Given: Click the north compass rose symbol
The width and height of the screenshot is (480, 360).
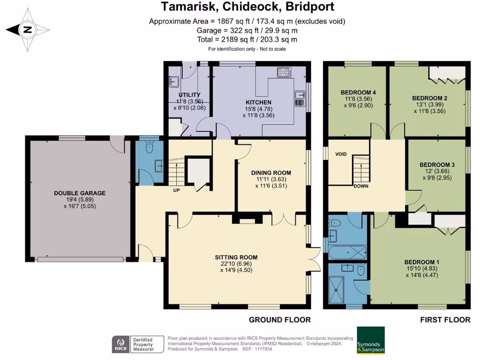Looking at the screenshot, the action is click(28, 30).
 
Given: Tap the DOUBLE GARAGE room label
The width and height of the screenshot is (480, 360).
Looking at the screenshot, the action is click(80, 193).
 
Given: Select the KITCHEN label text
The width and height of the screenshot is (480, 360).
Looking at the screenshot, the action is click(259, 102).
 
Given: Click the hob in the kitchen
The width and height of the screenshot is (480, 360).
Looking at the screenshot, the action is click(284, 72).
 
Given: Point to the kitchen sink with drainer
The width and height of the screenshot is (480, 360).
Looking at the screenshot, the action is click(300, 98).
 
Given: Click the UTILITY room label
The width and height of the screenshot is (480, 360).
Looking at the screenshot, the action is click(189, 95).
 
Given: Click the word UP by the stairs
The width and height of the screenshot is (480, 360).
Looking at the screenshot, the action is click(177, 190).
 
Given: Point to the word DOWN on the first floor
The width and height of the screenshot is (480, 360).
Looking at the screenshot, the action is click(361, 186).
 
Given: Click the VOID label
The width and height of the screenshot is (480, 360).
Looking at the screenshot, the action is click(341, 154).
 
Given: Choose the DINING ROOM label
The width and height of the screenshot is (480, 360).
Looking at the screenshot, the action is click(271, 173).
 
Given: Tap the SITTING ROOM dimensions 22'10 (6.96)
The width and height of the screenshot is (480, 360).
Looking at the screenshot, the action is click(236, 263).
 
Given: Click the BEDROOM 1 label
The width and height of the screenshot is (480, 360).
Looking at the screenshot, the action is click(422, 262).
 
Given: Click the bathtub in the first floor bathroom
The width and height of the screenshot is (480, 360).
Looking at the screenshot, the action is click(347, 252).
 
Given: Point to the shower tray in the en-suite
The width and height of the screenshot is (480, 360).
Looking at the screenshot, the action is click(336, 289).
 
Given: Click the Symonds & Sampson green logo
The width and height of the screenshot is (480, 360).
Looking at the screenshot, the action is click(371, 340).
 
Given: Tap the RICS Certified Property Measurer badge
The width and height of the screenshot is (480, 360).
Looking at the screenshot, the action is click(134, 344).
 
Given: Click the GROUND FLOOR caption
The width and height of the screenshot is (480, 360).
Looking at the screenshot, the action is click(280, 320).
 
